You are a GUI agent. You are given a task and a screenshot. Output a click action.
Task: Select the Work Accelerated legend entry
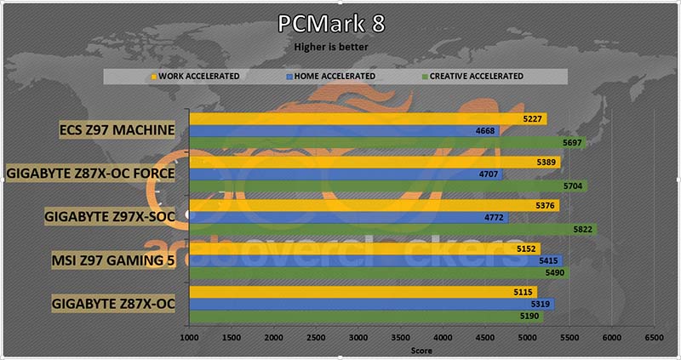click(x=197, y=76)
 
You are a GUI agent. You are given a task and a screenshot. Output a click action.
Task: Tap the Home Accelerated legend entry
click(x=335, y=76)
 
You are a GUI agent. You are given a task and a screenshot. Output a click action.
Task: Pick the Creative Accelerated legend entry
click(x=475, y=76)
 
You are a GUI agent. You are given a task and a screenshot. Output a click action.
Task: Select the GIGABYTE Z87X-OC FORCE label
click(x=90, y=174)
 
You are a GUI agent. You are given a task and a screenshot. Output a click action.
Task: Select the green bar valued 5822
click(x=392, y=230)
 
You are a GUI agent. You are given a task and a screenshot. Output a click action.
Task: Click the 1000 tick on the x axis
click(x=189, y=338)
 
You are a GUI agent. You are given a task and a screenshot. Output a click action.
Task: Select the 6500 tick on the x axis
click(x=653, y=338)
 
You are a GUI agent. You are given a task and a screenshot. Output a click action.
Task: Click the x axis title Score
click(x=421, y=350)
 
